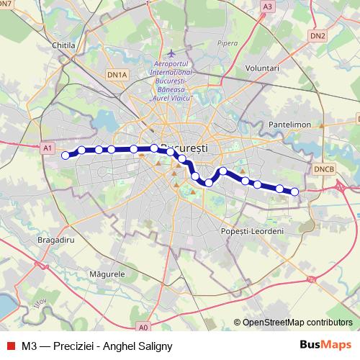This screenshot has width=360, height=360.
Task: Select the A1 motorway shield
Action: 48,148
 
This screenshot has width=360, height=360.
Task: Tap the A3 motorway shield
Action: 268,6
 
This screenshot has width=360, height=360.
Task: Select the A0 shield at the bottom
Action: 143,326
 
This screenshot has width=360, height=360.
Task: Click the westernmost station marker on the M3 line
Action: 66,155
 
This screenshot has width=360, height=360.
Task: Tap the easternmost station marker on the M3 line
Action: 294,192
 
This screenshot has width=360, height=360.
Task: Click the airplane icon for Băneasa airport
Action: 171,54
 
